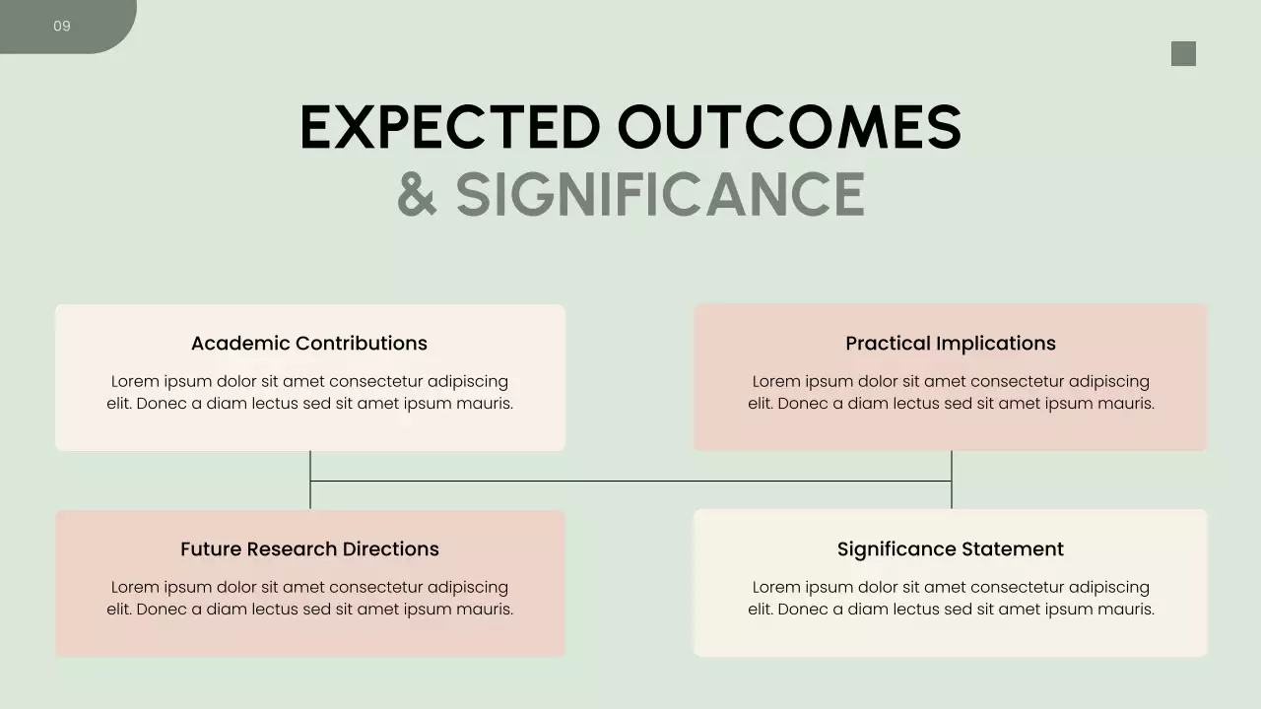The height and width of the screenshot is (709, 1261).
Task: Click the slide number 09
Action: tap(62, 26)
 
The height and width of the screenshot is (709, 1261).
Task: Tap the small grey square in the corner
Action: tap(1183, 54)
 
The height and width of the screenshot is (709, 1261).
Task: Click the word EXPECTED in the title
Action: tap(450, 128)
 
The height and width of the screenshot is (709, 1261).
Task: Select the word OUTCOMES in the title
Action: tap(789, 128)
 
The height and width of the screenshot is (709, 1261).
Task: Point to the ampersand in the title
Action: tap(417, 195)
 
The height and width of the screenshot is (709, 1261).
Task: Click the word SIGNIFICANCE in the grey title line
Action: tap(660, 195)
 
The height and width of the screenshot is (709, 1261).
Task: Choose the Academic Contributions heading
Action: tap(309, 344)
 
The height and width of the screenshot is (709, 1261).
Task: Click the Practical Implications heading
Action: tap(951, 344)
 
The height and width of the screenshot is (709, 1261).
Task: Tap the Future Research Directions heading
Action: tap(309, 549)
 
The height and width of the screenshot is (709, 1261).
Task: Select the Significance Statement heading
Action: tap(951, 549)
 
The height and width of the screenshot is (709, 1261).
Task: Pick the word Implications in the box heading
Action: tap(996, 344)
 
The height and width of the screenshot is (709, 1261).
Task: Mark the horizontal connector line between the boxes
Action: tap(630, 482)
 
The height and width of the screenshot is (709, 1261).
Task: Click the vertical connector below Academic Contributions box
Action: tap(310, 467)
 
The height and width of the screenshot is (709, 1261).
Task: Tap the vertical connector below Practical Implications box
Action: tap(952, 467)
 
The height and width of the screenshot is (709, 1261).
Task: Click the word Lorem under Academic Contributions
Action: tap(135, 382)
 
